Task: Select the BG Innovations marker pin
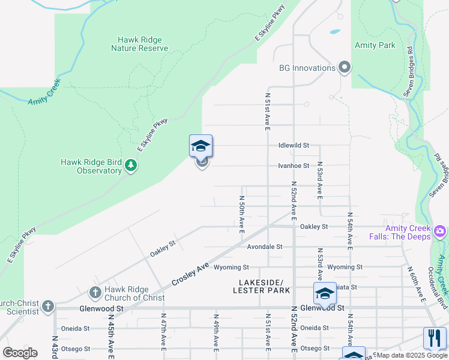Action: click(x=345, y=68)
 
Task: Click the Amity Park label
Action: click(x=375, y=46)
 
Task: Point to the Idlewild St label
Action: click(x=294, y=145)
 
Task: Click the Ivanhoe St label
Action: click(x=294, y=166)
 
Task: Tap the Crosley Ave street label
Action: click(x=190, y=274)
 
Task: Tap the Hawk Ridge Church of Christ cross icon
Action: click(x=95, y=293)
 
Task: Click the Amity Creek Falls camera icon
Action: click(x=441, y=231)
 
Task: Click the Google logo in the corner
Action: click(x=20, y=353)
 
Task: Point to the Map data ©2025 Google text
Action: click(x=411, y=355)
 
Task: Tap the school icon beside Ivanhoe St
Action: click(x=201, y=146)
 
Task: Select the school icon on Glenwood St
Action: click(x=325, y=294)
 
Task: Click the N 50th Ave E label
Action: click(x=242, y=213)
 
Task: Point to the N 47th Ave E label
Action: click(x=163, y=331)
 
